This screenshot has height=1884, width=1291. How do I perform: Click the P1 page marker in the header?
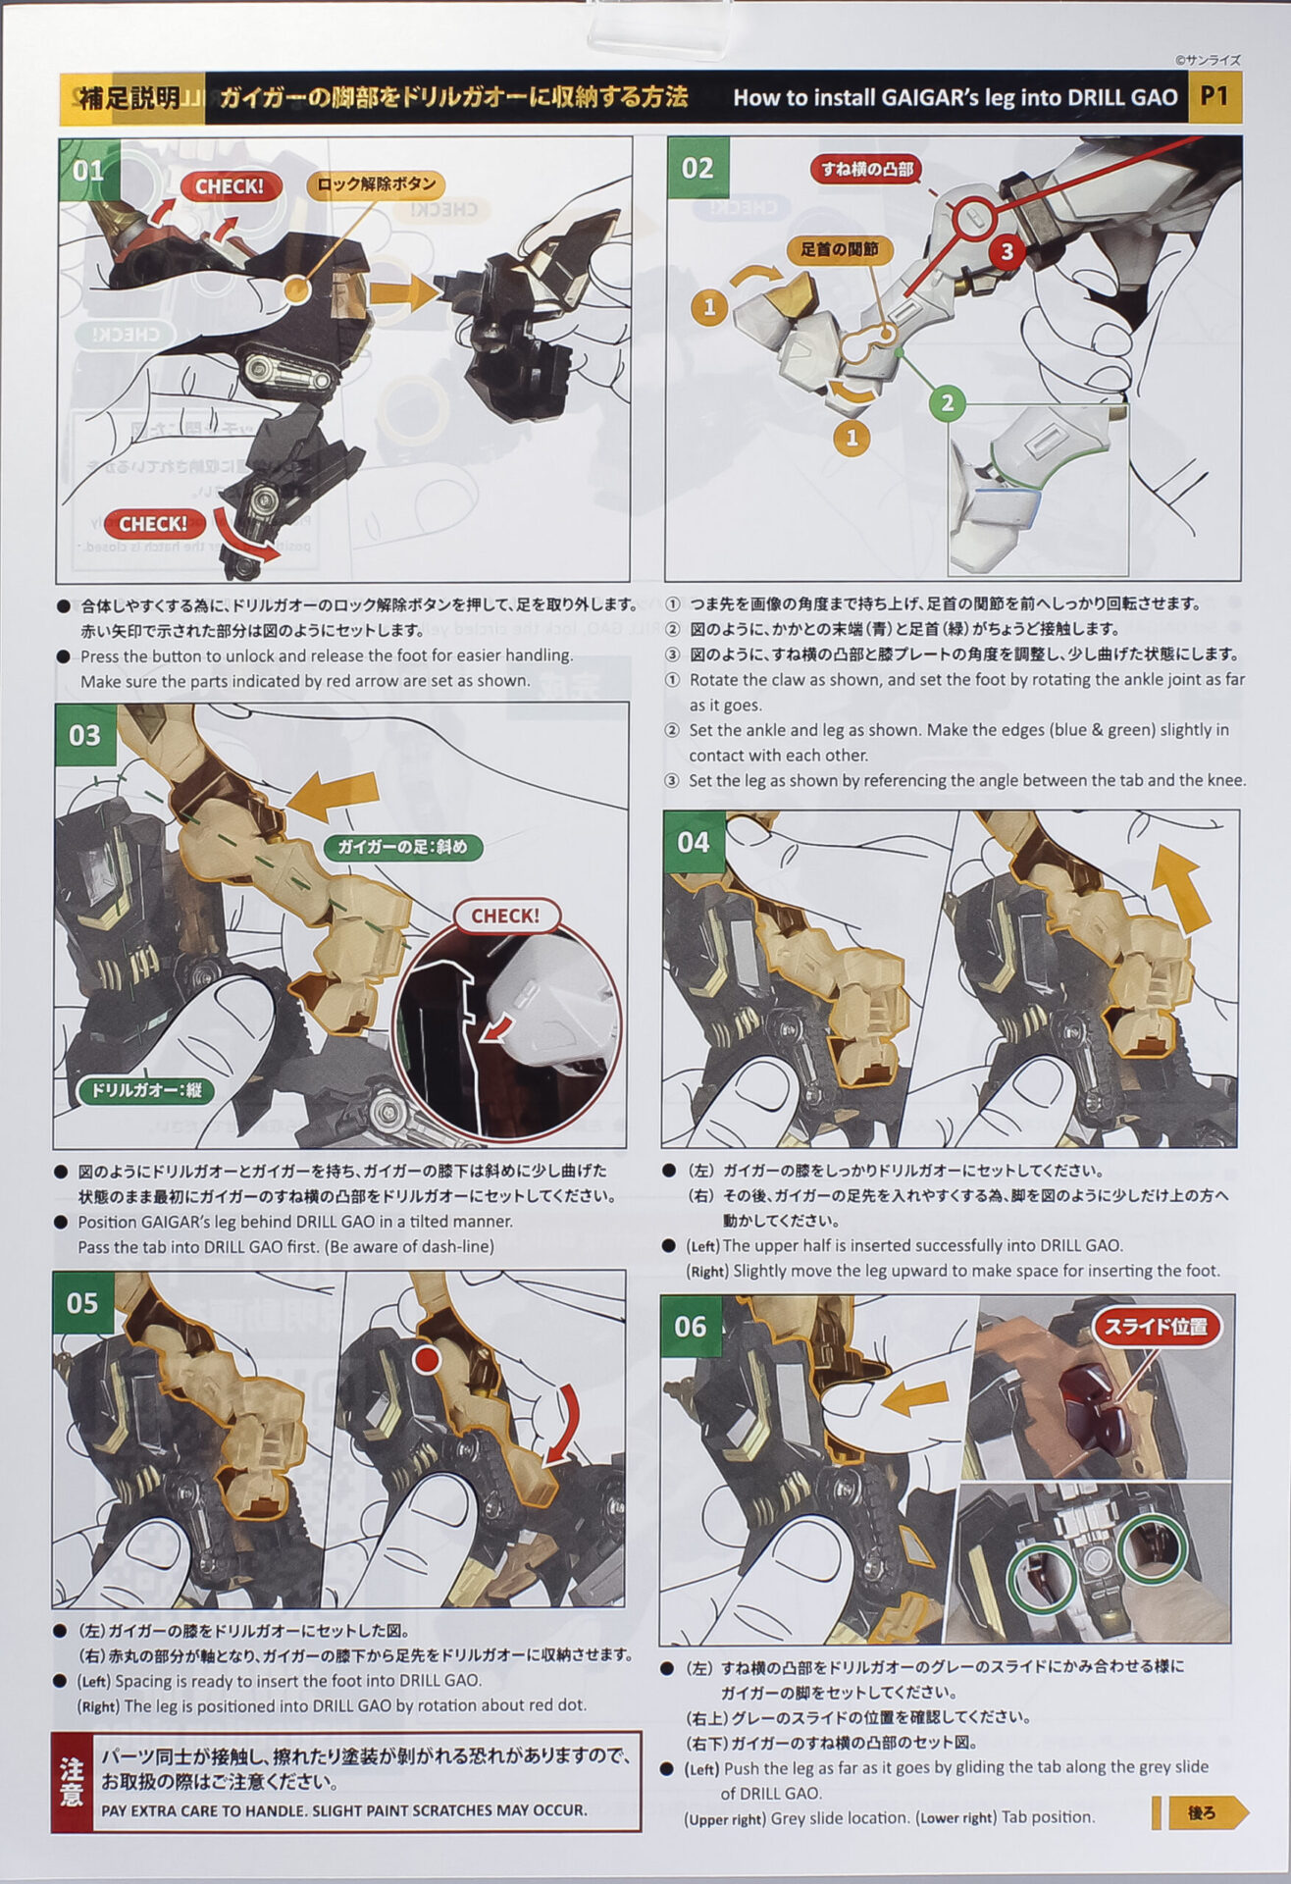coord(1214,96)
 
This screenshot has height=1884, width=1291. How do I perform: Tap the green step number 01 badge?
coord(88,170)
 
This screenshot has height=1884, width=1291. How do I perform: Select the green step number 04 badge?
coord(694,842)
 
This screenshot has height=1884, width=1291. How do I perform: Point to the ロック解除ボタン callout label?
coord(377,184)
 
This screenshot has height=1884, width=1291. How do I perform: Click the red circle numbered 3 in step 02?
coord(1006,252)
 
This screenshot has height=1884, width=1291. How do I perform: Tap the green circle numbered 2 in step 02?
coord(947,402)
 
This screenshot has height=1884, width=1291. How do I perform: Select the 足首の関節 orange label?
coord(839,249)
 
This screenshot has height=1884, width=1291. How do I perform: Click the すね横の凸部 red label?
coord(867,170)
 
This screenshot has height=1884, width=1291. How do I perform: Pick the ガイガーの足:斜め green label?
coord(403,847)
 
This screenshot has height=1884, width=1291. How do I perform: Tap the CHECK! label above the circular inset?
coord(506,916)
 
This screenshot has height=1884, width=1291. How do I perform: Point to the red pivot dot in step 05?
coord(426,1360)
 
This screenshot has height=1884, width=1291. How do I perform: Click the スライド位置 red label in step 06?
coord(1157,1327)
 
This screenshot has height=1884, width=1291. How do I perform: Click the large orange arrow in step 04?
coord(1179,887)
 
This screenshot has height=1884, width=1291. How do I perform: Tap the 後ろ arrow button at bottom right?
coord(1202,1812)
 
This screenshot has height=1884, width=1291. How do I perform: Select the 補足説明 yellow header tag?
coord(130,98)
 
